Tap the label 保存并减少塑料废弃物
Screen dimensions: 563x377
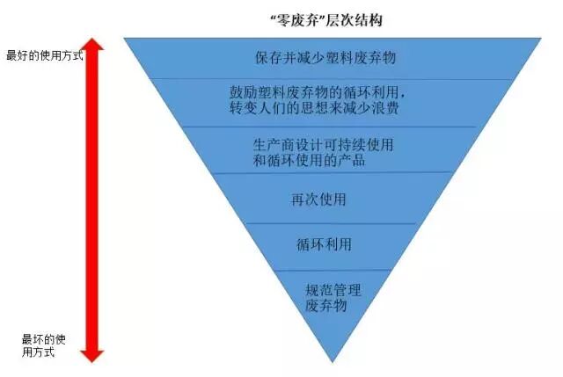(x=325, y=58)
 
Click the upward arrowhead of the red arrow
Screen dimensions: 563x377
(x=92, y=47)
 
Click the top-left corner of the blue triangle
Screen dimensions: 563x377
(x=126, y=39)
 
